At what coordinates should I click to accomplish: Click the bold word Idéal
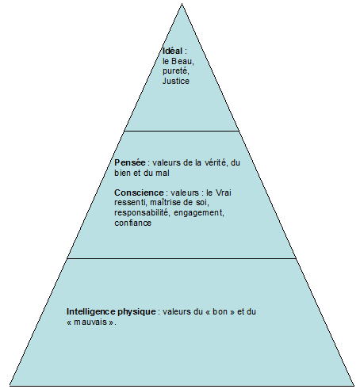click(172, 51)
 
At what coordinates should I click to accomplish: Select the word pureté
click(175, 71)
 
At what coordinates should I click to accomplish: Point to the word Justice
click(176, 81)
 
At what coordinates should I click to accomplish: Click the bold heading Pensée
click(130, 162)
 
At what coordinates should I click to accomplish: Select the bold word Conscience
click(139, 193)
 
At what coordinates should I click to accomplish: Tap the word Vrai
click(224, 193)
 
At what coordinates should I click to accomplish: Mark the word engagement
click(199, 213)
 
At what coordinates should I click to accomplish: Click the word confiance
click(132, 223)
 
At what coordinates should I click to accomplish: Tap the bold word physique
click(136, 312)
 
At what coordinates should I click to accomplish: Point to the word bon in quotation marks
click(220, 311)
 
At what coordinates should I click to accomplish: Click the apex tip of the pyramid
click(182, 4)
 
